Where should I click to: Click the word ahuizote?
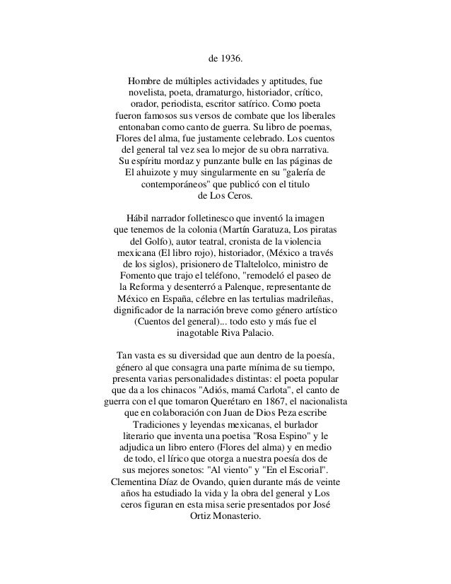point(160,172)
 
